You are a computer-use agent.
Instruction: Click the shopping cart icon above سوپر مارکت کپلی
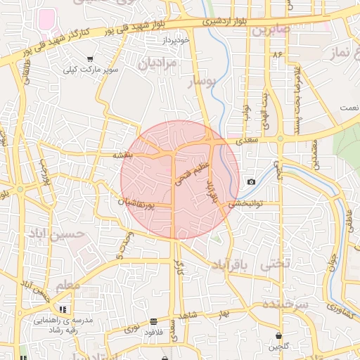(x=90, y=59)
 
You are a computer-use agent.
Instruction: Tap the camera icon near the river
(x=251, y=182)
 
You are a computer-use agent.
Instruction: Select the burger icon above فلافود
(x=153, y=321)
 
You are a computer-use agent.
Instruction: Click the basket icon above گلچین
(x=280, y=335)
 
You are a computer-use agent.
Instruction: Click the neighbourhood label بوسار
(x=203, y=84)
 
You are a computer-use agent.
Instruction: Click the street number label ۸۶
(x=277, y=53)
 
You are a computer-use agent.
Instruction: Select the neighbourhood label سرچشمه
(x=285, y=304)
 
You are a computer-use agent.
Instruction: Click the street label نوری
(x=131, y=328)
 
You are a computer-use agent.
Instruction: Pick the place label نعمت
(x=348, y=108)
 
